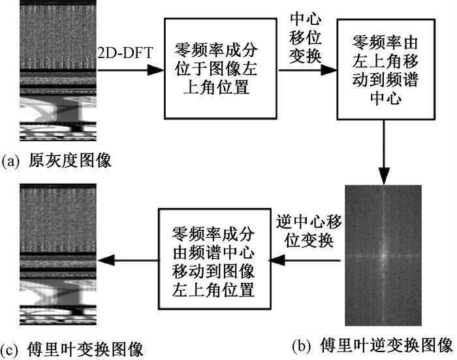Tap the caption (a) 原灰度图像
57,159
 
